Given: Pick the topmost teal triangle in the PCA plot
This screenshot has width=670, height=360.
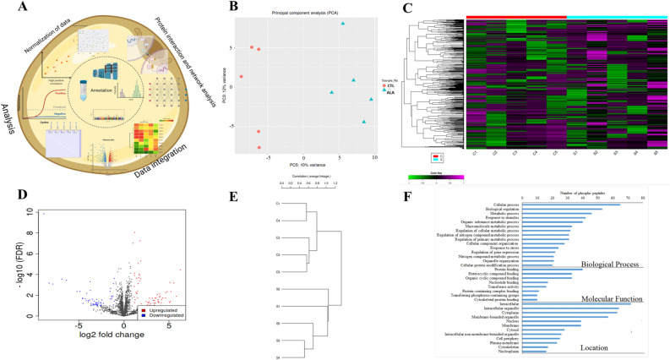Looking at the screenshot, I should click(x=343, y=24).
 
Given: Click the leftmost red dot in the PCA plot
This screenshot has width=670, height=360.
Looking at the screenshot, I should click(x=242, y=77).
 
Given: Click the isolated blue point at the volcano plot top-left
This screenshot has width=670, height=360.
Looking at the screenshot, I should click(x=43, y=214).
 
